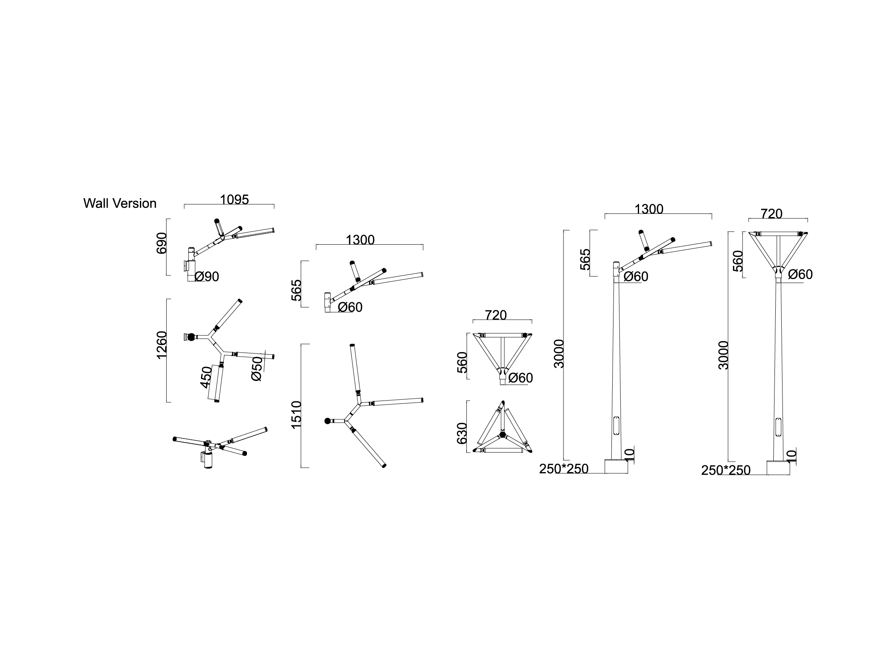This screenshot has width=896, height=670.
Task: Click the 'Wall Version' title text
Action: [x=119, y=203]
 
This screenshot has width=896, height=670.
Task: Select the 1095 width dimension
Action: [x=234, y=200]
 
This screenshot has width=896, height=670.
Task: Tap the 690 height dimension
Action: [x=161, y=243]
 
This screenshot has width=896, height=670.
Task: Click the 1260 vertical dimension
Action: [x=161, y=345]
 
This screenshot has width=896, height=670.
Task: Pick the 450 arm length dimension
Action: [x=206, y=377]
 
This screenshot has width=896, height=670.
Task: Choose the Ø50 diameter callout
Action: [x=257, y=369]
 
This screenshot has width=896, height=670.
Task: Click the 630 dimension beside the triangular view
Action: [x=462, y=433]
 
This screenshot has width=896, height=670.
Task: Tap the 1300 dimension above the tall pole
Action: [x=649, y=209]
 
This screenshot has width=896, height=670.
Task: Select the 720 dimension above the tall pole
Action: [x=771, y=214]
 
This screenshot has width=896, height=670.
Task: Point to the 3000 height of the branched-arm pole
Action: [x=559, y=354]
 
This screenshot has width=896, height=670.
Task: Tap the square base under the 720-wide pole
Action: [x=778, y=468]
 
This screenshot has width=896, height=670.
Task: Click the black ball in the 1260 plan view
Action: [x=191, y=337]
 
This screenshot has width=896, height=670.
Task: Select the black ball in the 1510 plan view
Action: [x=327, y=421]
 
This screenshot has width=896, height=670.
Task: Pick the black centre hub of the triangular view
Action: [x=503, y=435]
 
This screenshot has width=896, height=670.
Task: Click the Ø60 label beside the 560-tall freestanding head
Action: [x=800, y=275]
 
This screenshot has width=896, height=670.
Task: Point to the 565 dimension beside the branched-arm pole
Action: [x=585, y=259]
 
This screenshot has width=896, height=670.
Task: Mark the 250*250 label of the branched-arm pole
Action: [x=563, y=469]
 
